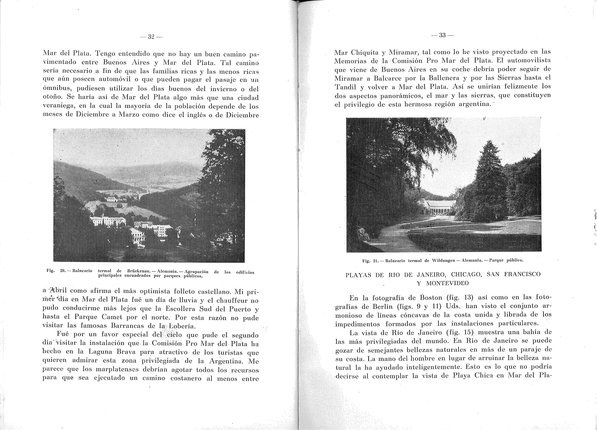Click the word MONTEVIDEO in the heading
click(447, 283)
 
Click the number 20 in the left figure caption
click(63, 270)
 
